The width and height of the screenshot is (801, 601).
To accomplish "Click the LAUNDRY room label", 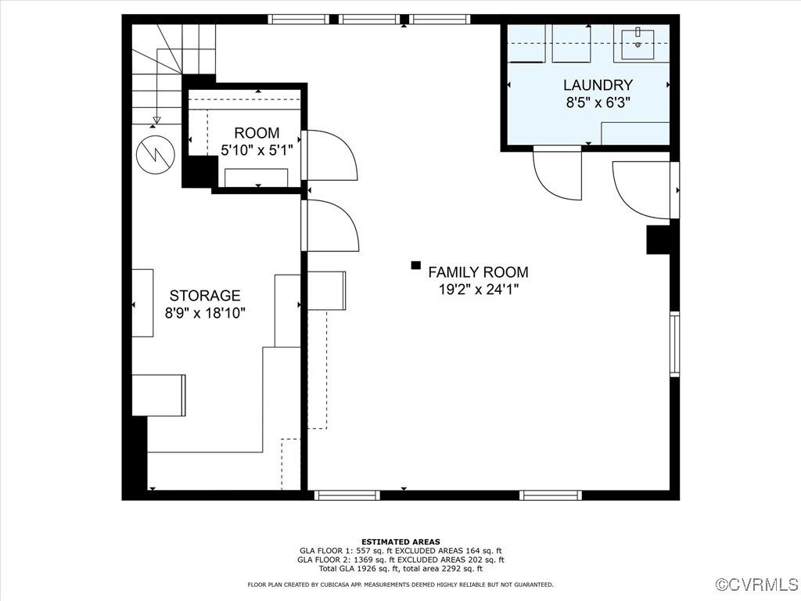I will [x=598, y=85].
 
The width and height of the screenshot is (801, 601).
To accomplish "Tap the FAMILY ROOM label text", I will [x=478, y=272].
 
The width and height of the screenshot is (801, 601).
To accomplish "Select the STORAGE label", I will [x=205, y=296].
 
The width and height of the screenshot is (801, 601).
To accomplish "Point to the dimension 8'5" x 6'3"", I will [x=598, y=102].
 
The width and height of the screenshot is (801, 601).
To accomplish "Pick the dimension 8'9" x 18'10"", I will [x=205, y=313].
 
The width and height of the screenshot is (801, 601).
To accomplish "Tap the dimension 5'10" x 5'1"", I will [x=257, y=150].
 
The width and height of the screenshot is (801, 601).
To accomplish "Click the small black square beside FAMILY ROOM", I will [x=415, y=266].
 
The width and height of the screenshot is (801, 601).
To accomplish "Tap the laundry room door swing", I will [x=558, y=174].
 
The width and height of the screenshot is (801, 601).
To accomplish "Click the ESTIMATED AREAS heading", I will [x=400, y=542].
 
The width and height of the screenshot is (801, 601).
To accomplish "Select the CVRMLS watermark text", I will [x=758, y=585].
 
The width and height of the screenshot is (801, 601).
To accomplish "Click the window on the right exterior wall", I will [x=674, y=344].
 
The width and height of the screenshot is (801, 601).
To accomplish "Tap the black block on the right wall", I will [x=658, y=239].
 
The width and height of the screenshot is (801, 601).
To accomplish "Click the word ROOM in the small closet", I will [x=257, y=133].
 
